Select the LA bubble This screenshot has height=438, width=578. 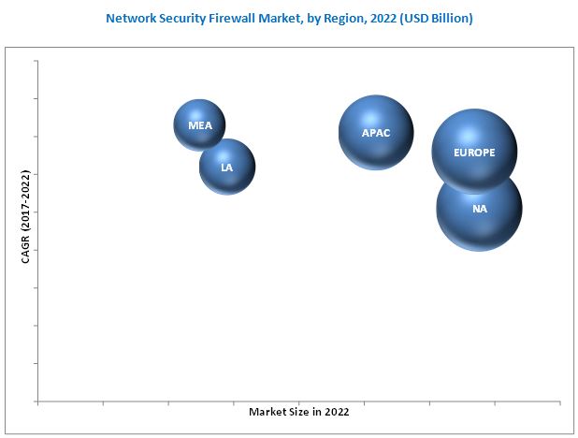(x=227, y=167)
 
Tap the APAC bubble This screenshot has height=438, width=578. (x=375, y=132)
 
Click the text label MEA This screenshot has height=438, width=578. (x=199, y=124)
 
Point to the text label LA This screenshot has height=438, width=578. (x=227, y=168)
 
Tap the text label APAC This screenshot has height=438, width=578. (x=375, y=133)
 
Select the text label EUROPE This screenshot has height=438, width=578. (x=473, y=152)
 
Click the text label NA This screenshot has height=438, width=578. (x=480, y=209)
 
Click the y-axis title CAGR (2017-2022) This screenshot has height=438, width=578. (x=25, y=216)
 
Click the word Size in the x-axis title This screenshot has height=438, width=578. (x=296, y=412)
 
